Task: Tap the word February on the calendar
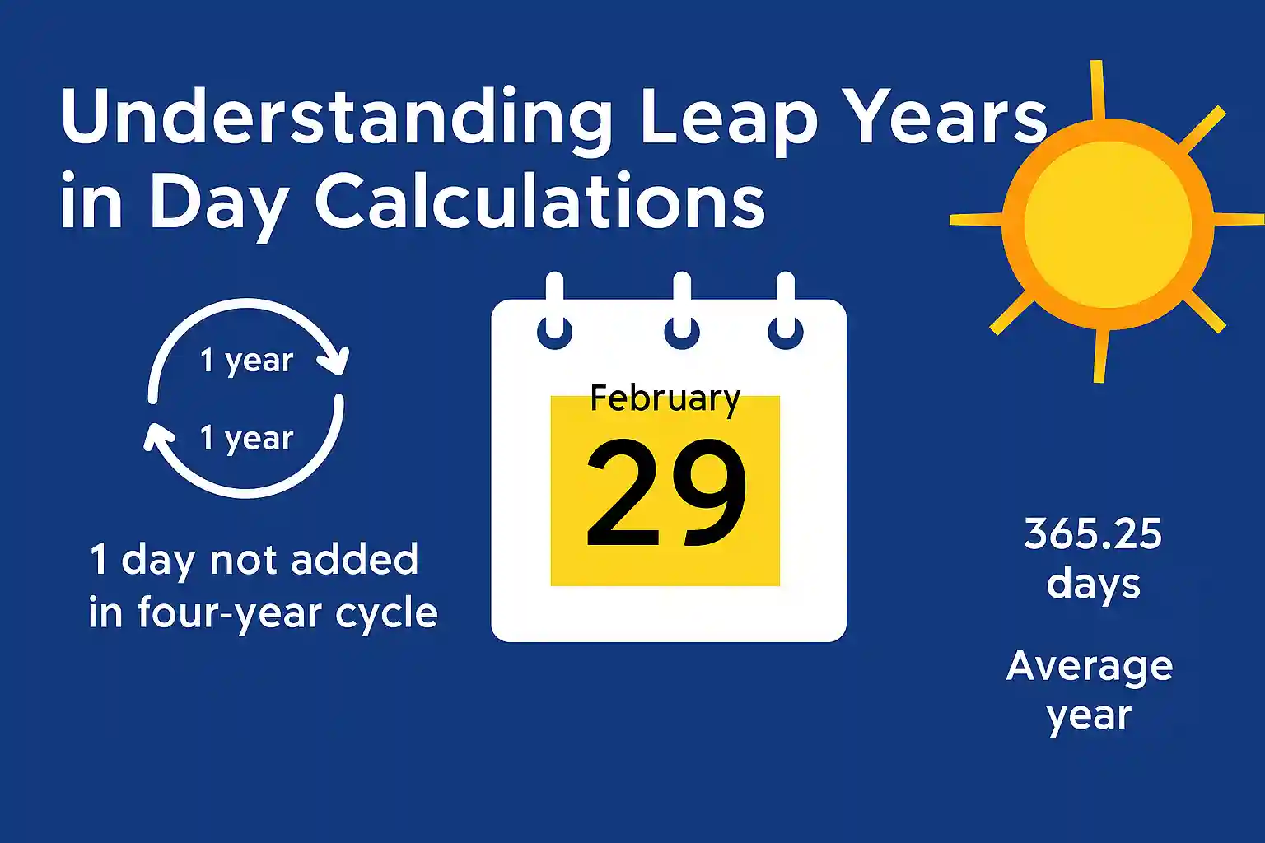click(665, 398)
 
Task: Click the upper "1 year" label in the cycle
click(246, 361)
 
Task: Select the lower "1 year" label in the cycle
click(246, 438)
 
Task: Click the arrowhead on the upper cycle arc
click(337, 361)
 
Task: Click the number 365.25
click(1093, 534)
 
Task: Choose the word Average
click(1090, 666)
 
